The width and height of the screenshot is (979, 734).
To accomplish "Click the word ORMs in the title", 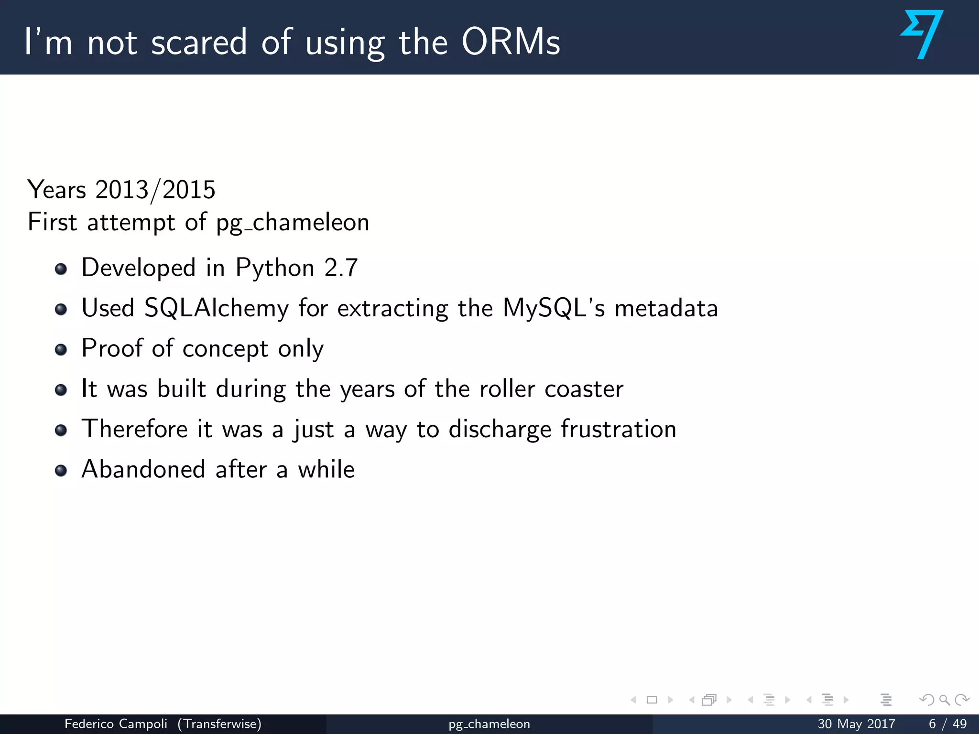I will [x=511, y=42].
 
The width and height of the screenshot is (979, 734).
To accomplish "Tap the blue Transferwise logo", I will [x=922, y=34].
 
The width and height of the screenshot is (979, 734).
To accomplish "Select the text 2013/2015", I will [x=155, y=190].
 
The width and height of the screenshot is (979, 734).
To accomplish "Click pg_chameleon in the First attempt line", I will [x=293, y=223].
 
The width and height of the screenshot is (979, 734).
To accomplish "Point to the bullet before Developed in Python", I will [x=61, y=269].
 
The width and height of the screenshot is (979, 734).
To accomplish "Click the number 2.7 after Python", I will [x=341, y=268].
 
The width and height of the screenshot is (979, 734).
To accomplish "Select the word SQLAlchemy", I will [x=217, y=308].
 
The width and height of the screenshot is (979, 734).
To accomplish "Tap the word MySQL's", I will [x=554, y=308].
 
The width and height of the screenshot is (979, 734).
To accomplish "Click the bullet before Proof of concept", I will [x=61, y=350].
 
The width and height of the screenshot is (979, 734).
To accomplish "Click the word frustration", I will [x=619, y=429].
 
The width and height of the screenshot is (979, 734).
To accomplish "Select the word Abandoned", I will [x=143, y=469].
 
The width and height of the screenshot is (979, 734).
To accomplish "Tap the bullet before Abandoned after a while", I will [x=61, y=471].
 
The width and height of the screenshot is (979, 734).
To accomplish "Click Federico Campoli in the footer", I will [x=116, y=724].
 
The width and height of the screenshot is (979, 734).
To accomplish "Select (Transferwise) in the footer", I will [x=219, y=724].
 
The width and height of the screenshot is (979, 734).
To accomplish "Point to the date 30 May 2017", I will [x=856, y=724].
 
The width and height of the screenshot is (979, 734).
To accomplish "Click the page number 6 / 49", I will [x=947, y=724].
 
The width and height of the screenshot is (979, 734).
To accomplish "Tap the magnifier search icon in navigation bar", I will [x=944, y=700].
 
